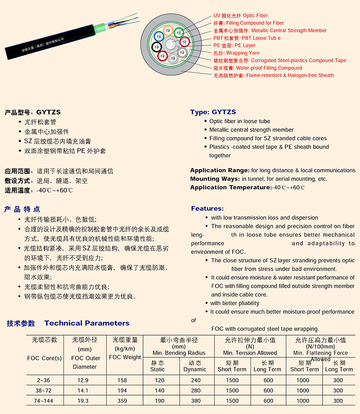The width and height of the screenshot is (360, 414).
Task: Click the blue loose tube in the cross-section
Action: click(159, 36)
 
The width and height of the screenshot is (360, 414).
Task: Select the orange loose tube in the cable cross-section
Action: click(168, 31)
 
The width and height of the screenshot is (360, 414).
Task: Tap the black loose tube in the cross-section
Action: click(157, 47)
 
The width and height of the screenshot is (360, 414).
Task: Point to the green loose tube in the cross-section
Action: click(179, 32)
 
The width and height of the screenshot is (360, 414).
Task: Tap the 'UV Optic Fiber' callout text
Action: click(241, 15)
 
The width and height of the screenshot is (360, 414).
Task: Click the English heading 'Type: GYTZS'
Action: click(213, 112)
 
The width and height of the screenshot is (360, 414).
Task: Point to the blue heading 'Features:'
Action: click(207, 209)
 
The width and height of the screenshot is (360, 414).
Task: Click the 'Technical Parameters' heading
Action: click(87, 323)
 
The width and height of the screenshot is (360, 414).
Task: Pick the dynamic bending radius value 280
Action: click(194, 391)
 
